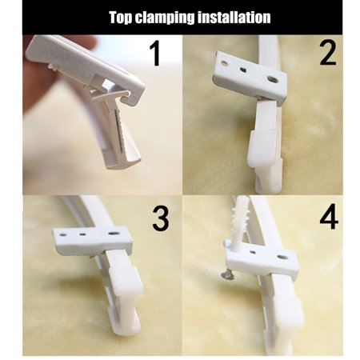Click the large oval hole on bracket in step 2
click(274, 81)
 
